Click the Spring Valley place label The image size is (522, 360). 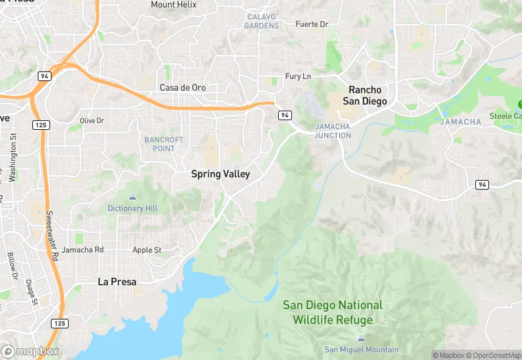220,174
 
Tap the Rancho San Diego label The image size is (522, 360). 367,95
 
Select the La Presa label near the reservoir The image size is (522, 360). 117,282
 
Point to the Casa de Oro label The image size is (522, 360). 182,88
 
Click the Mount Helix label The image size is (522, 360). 173,5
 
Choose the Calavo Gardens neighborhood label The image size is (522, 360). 262,21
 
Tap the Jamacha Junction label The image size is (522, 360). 333,131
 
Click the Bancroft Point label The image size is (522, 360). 163,144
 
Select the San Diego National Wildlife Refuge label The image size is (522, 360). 332,313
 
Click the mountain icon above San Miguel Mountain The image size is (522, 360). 361,338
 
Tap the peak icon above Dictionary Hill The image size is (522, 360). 133,197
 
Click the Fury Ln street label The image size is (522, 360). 298,76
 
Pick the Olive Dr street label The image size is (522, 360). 91,121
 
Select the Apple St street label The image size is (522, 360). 147,250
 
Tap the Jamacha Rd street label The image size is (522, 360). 82,250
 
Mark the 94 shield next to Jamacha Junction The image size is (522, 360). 284,116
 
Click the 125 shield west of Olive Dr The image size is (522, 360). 40,124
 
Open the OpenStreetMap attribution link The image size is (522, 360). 494,355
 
